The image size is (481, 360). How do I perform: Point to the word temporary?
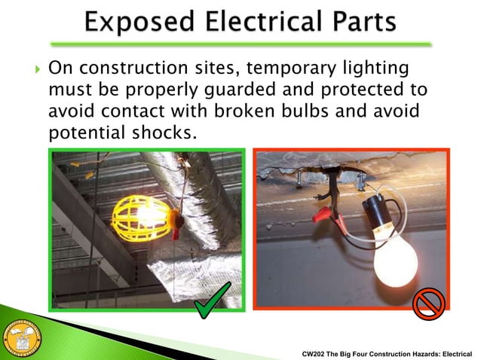[x=284, y=69]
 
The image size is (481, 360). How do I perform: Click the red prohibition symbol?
[x=429, y=304]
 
